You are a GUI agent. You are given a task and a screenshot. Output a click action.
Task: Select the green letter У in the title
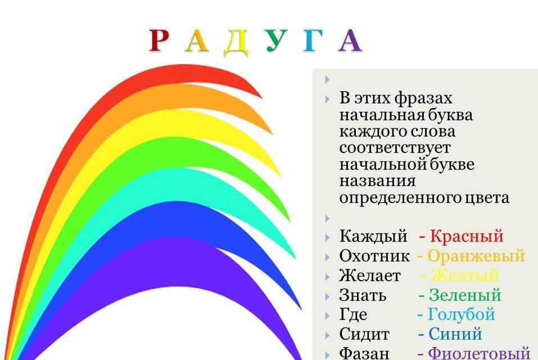277,40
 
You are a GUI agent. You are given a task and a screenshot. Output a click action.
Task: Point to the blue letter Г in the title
313,40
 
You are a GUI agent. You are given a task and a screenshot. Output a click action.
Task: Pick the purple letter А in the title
350,40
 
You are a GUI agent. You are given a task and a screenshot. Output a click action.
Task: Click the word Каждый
373,236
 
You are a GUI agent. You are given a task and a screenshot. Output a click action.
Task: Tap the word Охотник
374,256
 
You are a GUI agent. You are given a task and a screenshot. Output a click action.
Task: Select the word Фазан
364,353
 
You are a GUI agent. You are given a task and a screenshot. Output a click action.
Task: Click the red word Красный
467,236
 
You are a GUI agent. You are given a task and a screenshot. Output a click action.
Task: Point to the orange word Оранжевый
476,256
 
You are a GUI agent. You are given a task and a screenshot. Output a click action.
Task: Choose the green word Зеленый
465,295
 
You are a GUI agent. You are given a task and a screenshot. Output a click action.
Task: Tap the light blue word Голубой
461,314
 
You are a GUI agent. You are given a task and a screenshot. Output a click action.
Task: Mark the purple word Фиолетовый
480,353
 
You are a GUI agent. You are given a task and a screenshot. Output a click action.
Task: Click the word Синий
455,334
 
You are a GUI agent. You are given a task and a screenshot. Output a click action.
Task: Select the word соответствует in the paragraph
395,148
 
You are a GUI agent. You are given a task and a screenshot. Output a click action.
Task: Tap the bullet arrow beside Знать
327,296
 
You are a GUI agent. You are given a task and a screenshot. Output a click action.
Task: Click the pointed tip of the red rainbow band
262,98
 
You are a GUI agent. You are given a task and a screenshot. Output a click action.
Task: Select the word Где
353,315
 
